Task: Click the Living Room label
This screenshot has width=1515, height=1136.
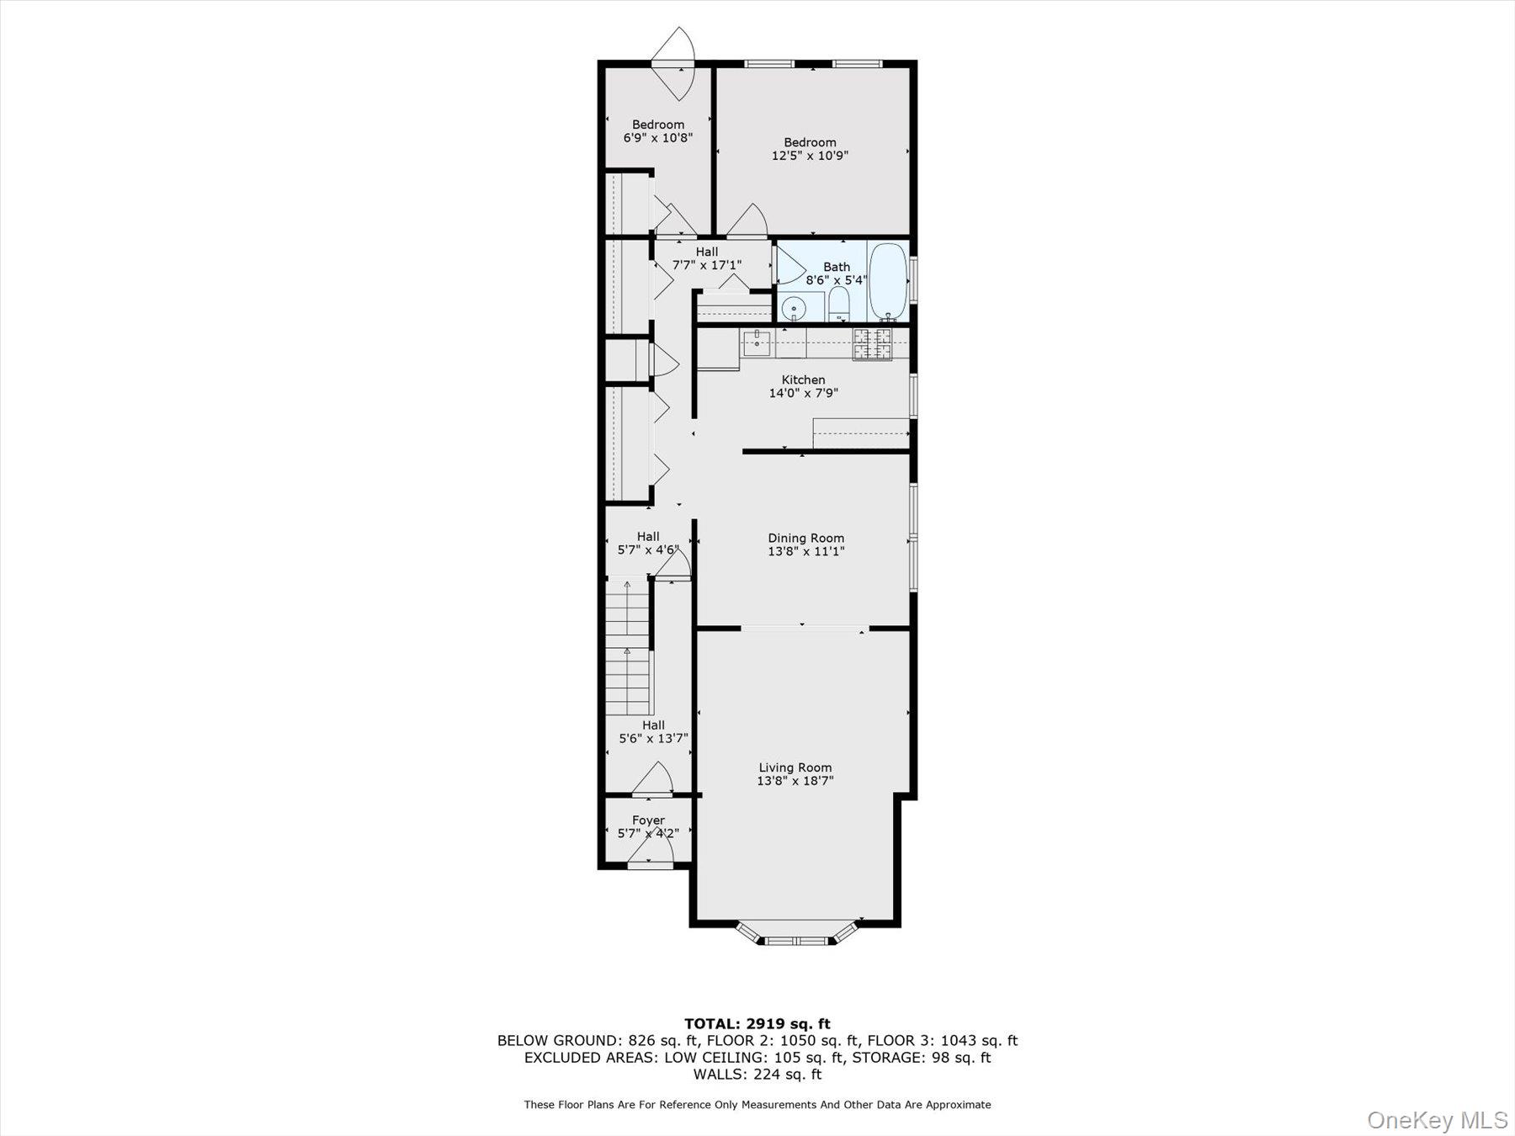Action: pos(795,767)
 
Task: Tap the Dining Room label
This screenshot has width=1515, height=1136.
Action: pos(805,539)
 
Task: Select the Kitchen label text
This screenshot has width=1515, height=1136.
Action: pos(803,380)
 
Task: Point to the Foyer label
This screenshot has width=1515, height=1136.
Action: pos(648,820)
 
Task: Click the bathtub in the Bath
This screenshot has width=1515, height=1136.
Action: pos(887,281)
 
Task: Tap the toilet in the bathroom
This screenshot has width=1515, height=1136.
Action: pos(839,304)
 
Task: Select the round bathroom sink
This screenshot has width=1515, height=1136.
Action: pos(793,310)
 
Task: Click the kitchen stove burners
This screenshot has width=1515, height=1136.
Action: pos(872,343)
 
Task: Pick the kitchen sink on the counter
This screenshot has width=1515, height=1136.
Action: pos(757,342)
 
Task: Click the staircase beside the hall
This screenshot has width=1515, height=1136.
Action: pos(628,648)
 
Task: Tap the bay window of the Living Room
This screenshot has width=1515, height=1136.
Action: pos(796,937)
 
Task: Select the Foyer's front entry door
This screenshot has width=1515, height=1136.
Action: pos(650,862)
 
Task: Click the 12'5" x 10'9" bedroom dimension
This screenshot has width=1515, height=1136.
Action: pos(810,156)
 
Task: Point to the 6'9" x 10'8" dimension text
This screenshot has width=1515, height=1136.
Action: pos(658,138)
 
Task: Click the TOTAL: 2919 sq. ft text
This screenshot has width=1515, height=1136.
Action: pos(757,1024)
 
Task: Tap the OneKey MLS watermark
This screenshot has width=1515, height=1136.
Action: pos(1438,1120)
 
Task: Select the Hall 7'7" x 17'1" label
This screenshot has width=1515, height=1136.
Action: pos(707,258)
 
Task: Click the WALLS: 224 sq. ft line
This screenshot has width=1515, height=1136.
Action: pos(757,1075)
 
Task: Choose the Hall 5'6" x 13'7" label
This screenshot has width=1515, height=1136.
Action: pos(653,732)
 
